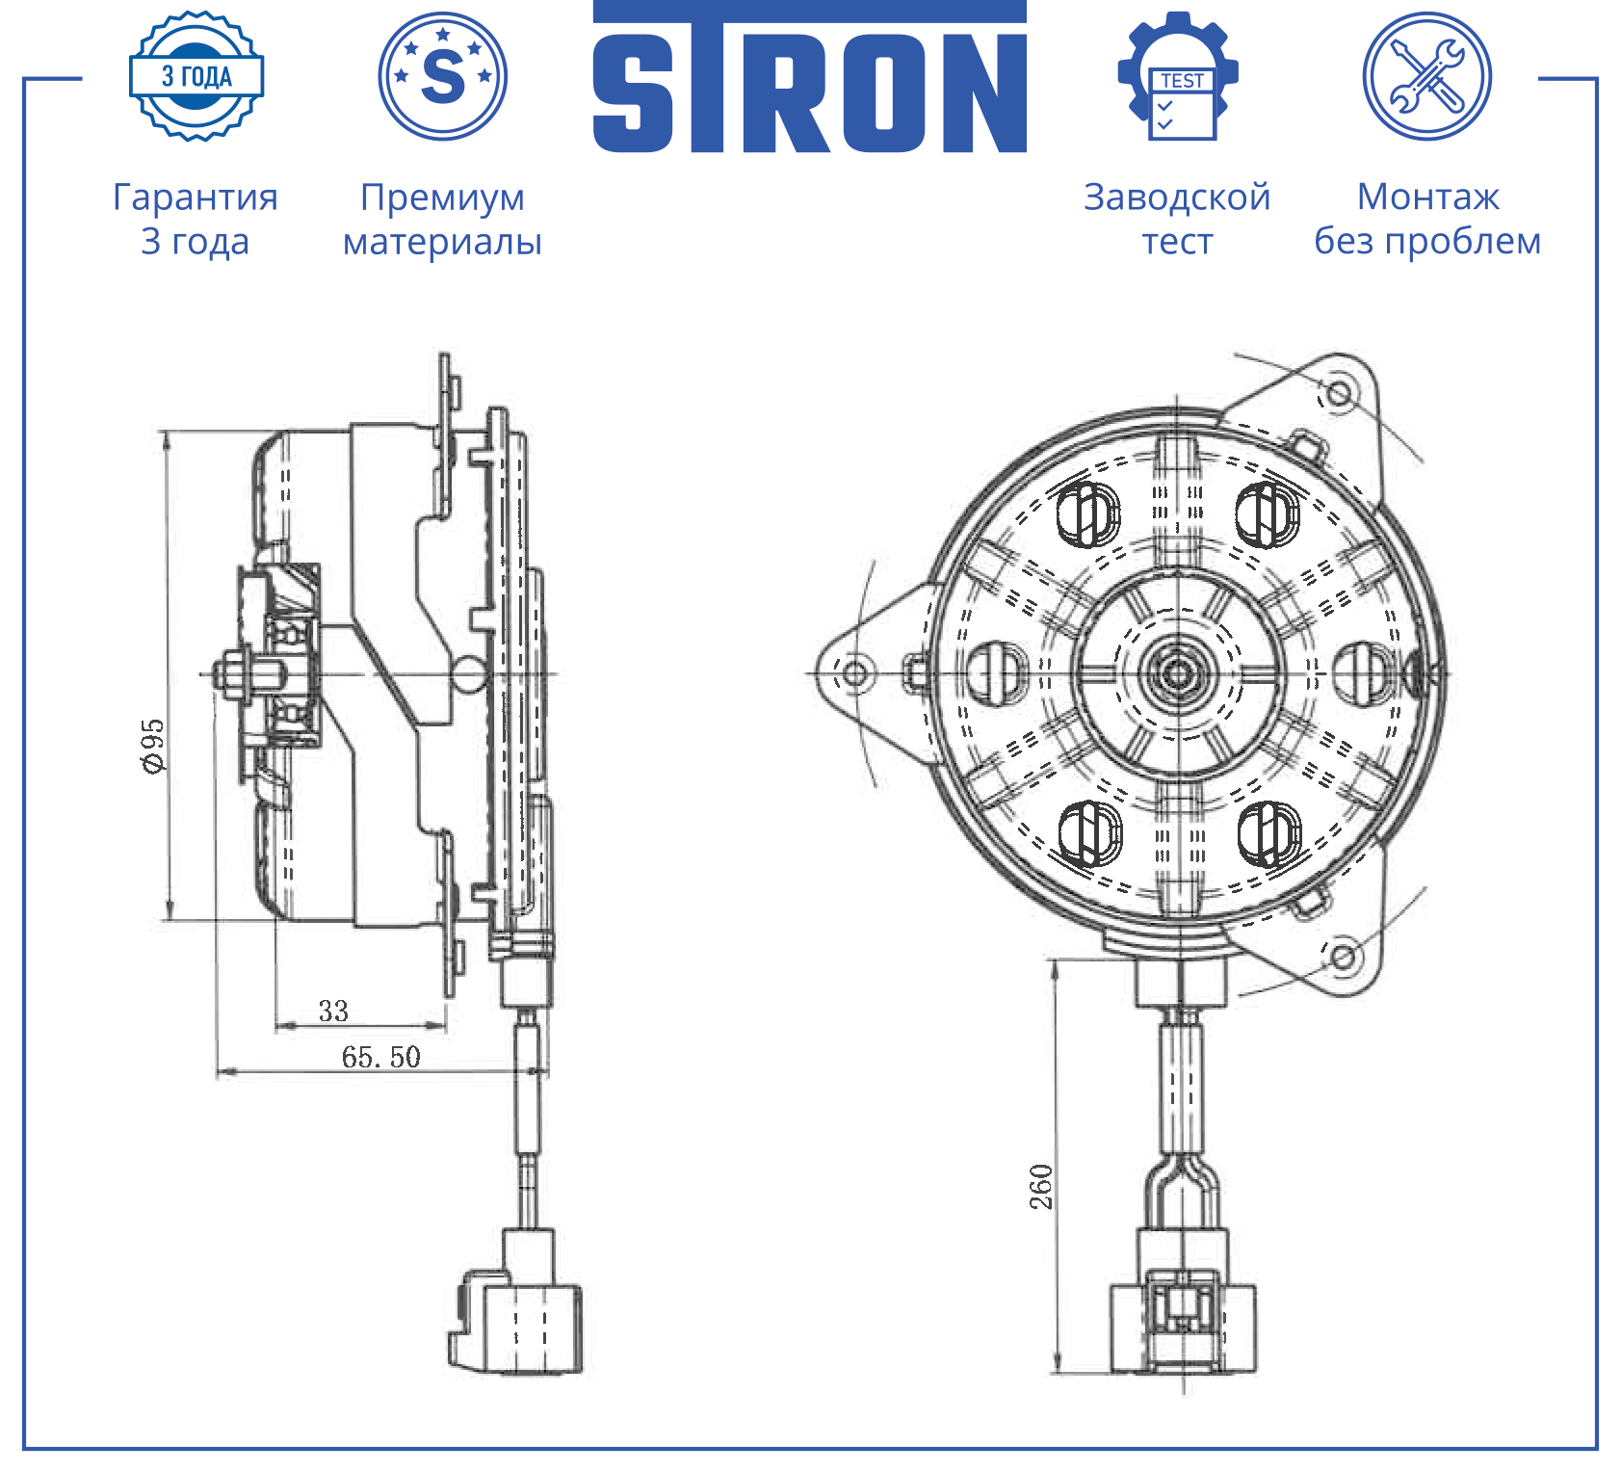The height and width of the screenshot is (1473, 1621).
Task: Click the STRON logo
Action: [809, 77]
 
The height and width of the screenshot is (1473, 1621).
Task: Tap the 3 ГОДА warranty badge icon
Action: [196, 76]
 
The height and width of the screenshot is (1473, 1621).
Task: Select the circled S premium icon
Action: [443, 76]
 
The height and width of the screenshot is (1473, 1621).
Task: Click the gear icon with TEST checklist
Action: [1178, 76]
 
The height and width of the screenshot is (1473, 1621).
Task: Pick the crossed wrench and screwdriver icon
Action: [1427, 76]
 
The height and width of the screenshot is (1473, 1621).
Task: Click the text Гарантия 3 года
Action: [196, 219]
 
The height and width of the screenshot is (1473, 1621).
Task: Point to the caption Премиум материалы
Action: [443, 219]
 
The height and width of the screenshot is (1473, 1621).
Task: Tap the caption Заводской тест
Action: [1177, 219]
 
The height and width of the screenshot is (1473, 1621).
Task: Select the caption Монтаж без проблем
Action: [1427, 219]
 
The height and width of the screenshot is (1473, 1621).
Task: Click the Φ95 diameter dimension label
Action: [153, 745]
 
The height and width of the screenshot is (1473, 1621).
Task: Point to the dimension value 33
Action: [333, 1011]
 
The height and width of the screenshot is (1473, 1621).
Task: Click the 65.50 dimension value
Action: [381, 1057]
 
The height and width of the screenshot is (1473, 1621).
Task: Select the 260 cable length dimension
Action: [1041, 1187]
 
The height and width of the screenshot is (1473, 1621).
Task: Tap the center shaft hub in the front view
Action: [1177, 672]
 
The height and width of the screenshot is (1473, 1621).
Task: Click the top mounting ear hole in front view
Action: [1339, 392]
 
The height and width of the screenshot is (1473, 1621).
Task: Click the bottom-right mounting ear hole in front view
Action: [1344, 957]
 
